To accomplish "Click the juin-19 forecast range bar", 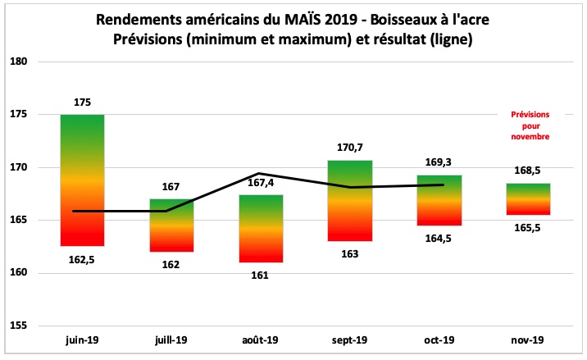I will (82, 180).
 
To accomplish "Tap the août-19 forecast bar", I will (260, 229).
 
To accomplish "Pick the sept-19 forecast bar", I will (349, 201).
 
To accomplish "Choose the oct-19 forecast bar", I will (439, 200).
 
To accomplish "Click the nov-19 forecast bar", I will (528, 199).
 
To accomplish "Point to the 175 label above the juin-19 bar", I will (82, 103).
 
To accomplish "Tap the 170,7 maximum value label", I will (349, 148).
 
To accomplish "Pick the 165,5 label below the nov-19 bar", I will (528, 228).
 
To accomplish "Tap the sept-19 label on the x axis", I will (349, 339).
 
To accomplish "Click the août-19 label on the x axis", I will (260, 339).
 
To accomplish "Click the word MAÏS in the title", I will (303, 19).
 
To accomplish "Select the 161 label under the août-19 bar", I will (260, 276).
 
